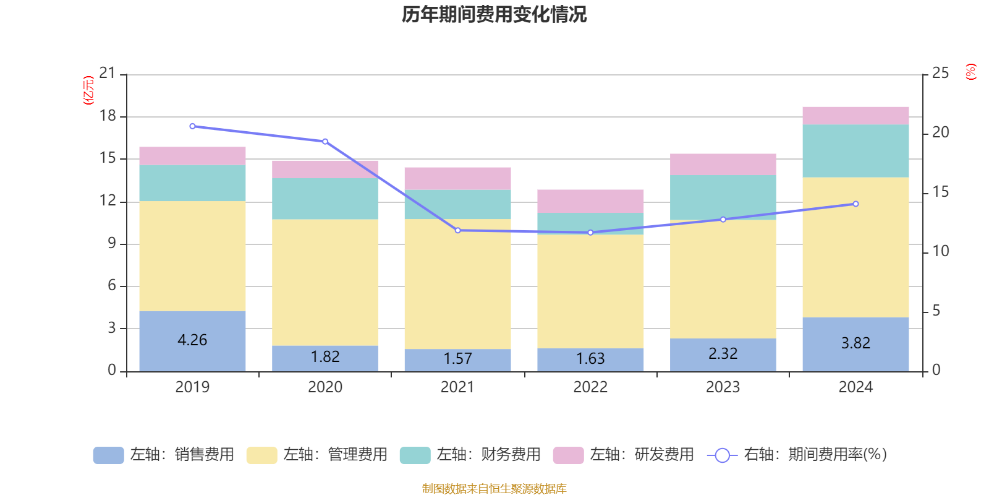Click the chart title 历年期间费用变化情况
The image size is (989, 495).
click(494, 14)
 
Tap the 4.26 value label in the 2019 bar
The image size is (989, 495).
click(192, 340)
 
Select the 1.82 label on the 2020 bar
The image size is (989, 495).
click(325, 356)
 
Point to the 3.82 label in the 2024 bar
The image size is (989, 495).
click(855, 343)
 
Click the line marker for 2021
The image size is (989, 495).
click(458, 230)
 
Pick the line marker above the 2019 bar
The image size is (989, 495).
click(192, 126)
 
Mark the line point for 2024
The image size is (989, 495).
click(855, 204)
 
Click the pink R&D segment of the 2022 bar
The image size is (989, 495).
click(590, 201)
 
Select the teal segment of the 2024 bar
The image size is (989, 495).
click(855, 151)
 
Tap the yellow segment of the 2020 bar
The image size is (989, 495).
click(325, 282)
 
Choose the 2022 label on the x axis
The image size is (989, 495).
click(590, 387)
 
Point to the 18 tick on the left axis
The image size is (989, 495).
click(108, 116)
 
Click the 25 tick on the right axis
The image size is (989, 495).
click(940, 74)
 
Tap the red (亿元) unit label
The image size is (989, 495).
click(88, 90)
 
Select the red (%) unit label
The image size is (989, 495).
click(971, 72)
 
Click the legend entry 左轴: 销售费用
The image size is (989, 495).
click(164, 455)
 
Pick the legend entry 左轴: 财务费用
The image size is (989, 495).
click(470, 455)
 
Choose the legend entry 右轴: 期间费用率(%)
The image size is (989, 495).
click(797, 455)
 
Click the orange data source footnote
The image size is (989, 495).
click(494, 489)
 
